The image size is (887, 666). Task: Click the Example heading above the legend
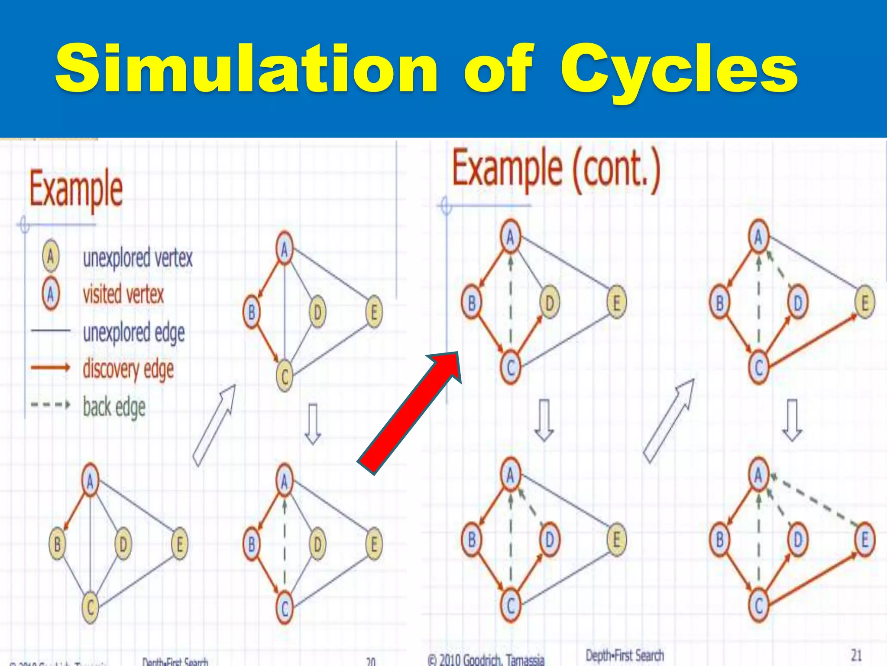coord(76,190)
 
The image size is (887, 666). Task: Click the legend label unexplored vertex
coord(138,258)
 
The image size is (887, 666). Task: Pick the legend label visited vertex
coord(123,294)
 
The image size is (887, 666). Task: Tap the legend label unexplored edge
coord(134,333)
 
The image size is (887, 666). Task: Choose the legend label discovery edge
coord(128,369)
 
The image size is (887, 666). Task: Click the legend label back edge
coord(114,407)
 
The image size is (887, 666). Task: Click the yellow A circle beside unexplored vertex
coord(51,257)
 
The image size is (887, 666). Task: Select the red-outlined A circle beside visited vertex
coord(51,294)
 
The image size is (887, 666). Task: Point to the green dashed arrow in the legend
coord(50,405)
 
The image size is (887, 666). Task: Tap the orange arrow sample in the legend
coord(50,368)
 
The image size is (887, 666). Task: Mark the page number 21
coord(856,655)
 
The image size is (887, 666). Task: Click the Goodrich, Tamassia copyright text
coord(486,659)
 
